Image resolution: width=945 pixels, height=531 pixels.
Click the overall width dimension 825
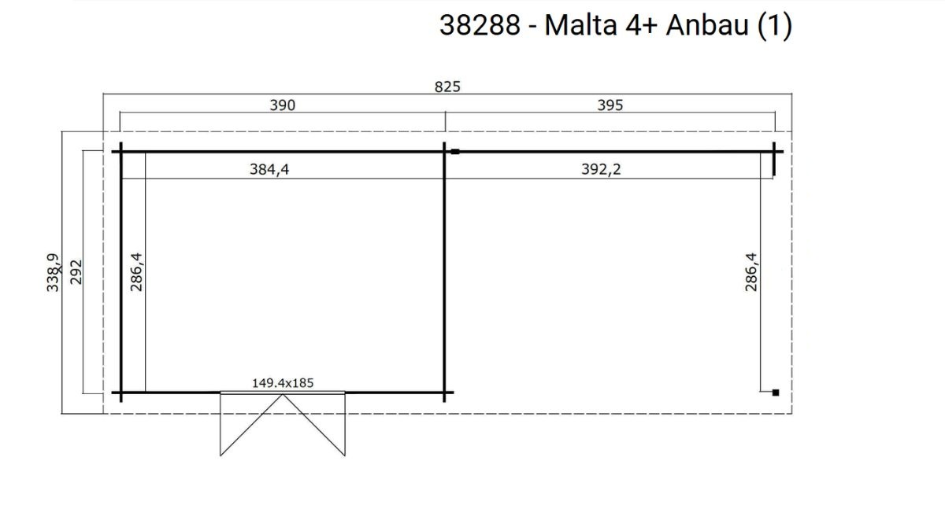[x=447, y=87]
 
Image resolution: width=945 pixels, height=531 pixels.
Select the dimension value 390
[x=282, y=105]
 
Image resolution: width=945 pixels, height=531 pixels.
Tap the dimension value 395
[x=610, y=105]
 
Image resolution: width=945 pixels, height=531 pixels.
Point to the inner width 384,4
[x=269, y=169]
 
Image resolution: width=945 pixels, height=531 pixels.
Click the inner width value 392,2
[x=601, y=169]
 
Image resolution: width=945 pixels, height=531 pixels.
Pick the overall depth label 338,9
[x=54, y=272]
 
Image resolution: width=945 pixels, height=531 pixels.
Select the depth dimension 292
[x=76, y=272]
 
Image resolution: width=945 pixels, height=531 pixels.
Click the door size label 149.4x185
[x=283, y=383]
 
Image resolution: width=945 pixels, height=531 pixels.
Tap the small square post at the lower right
[x=776, y=393]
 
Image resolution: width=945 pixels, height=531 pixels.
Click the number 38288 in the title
[x=480, y=25]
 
